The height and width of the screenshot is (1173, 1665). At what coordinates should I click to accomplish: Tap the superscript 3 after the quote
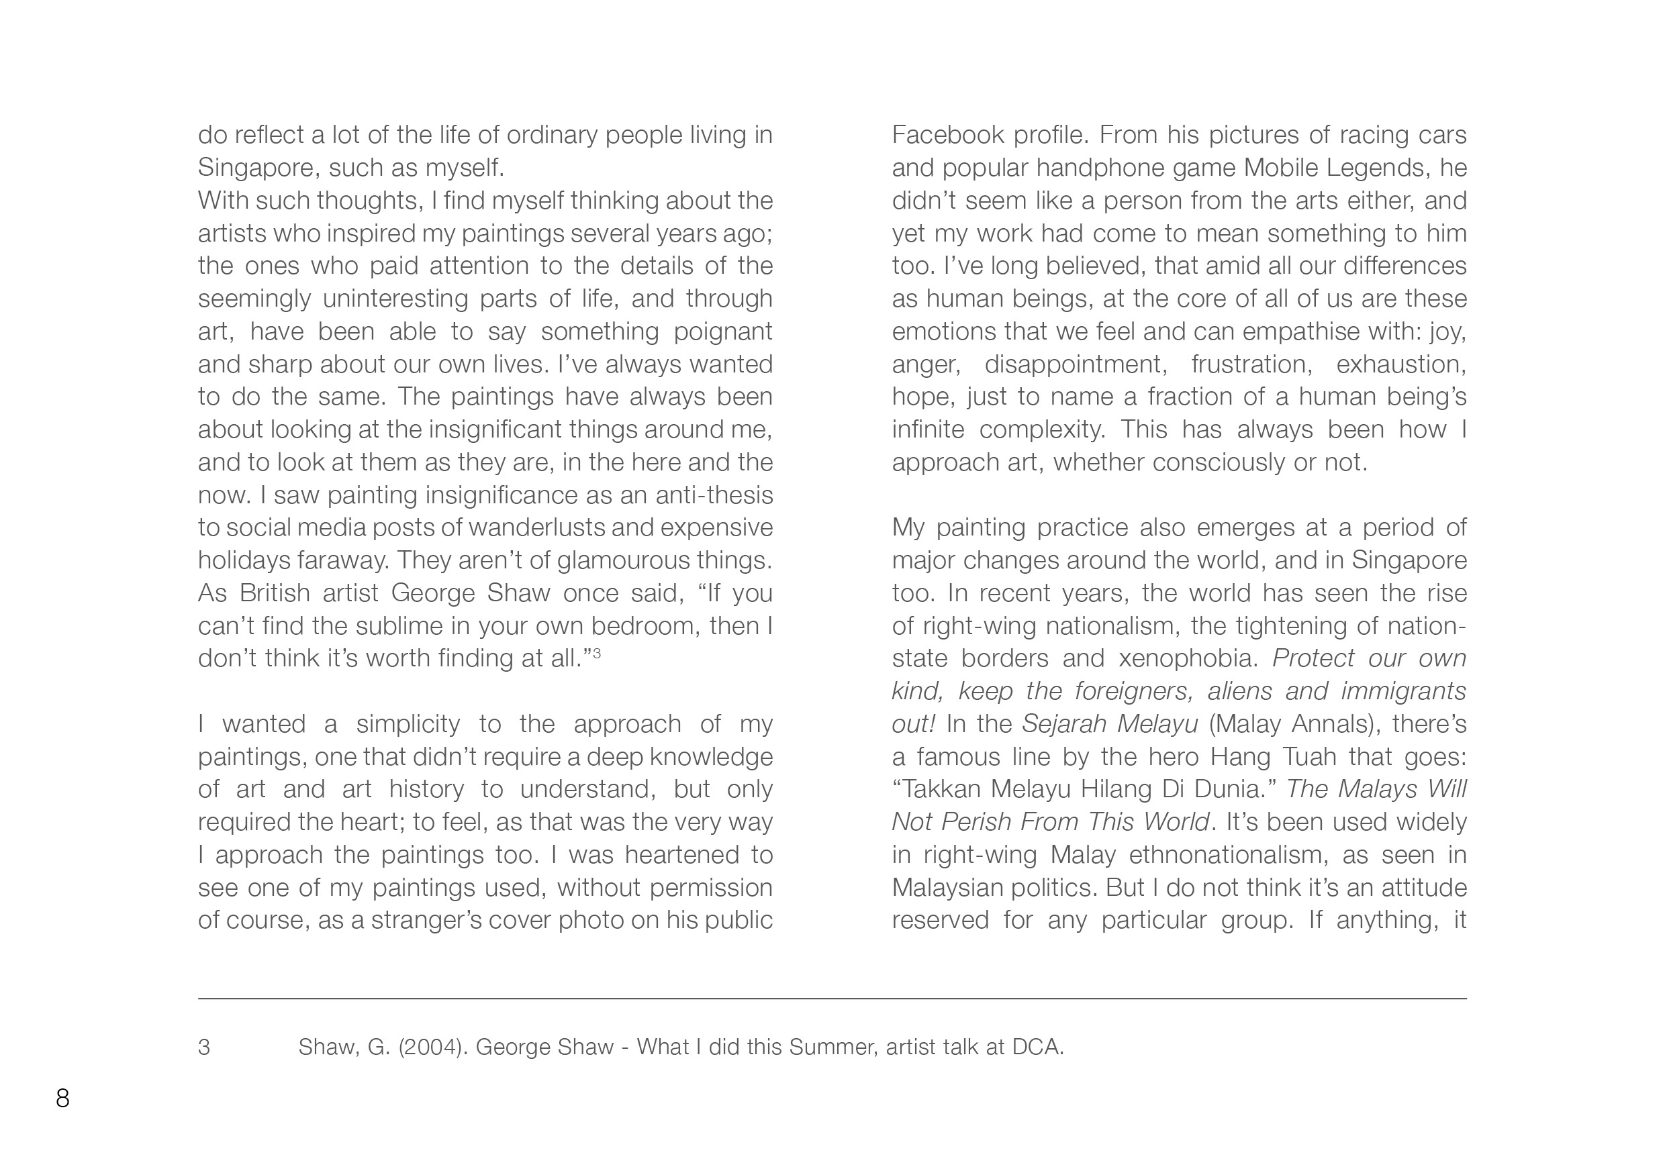[x=597, y=654]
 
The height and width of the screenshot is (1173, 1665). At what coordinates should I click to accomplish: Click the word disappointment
[x=1076, y=364]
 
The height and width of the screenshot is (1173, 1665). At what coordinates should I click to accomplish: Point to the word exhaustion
[x=1400, y=364]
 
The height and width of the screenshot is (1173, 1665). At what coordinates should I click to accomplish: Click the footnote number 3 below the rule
[x=205, y=1048]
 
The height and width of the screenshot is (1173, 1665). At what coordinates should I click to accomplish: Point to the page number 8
[x=63, y=1099]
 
